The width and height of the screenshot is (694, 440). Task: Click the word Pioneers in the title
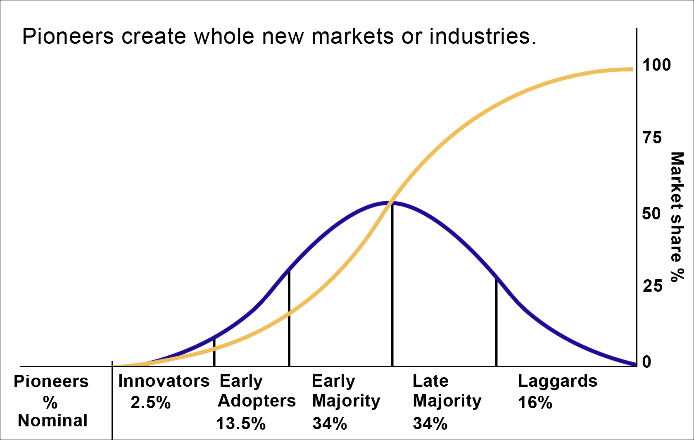[x=67, y=36]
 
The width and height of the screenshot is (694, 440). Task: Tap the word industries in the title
[x=482, y=36]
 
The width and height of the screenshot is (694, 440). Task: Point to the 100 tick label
[x=656, y=65]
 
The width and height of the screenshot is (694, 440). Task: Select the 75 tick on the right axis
[x=652, y=138]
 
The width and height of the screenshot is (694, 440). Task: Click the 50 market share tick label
[x=651, y=214]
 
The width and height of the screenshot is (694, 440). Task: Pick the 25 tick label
[x=652, y=286]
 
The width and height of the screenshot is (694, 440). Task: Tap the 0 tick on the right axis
[x=646, y=362]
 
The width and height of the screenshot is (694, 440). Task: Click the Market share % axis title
[x=677, y=217]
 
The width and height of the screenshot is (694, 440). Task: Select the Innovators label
[x=164, y=381]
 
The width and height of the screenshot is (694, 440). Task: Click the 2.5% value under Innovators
[x=150, y=402]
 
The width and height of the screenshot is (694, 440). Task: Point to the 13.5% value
[x=241, y=423]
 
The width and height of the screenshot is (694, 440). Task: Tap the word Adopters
[x=257, y=401]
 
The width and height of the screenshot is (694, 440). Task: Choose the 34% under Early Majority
[x=329, y=423]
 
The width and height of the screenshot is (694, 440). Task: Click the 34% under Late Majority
[x=430, y=423]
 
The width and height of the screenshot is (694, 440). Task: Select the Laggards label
[x=557, y=381]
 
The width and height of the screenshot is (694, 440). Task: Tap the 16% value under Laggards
[x=535, y=402]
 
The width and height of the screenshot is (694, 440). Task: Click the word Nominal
[x=52, y=421]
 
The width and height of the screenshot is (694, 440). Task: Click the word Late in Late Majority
[x=430, y=381]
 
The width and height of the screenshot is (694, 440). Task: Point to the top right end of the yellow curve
[x=630, y=69]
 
